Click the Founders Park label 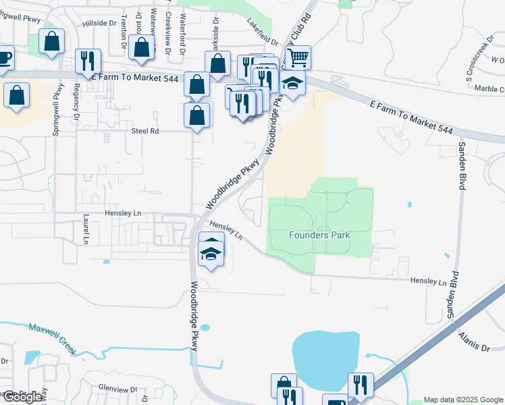[x=319, y=235]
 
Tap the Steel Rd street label [x=144, y=131]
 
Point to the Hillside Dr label [x=99, y=23]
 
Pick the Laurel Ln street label [x=86, y=230]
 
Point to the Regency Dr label [x=77, y=101]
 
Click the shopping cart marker [x=298, y=57]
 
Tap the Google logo [x=22, y=397]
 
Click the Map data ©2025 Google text [x=463, y=400]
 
